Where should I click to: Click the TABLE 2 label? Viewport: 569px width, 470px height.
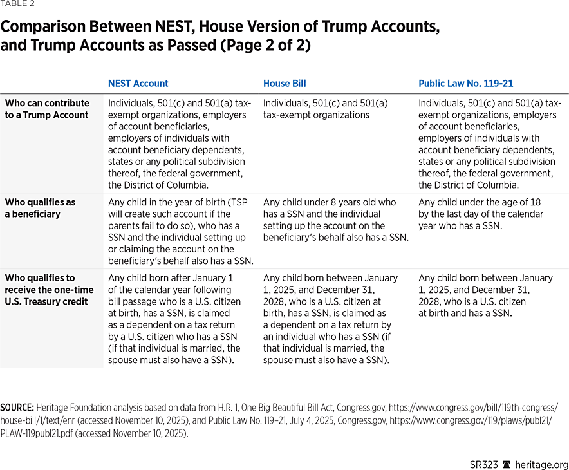(x=17, y=4)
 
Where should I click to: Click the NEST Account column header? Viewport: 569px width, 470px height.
(x=138, y=84)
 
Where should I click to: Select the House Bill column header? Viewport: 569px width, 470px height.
(x=284, y=84)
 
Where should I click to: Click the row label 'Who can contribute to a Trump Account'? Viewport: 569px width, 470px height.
(x=47, y=109)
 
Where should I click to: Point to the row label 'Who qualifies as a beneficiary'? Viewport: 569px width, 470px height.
(x=40, y=208)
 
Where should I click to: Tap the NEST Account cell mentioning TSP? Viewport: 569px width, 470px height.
(x=181, y=231)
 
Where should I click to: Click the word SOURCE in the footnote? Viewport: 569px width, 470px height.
(x=17, y=408)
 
